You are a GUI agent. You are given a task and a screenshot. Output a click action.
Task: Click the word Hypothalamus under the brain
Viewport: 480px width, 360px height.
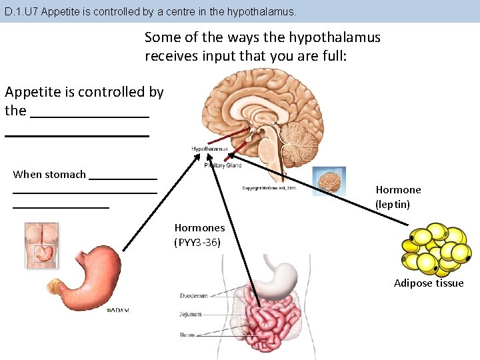pyautogui.click(x=209, y=149)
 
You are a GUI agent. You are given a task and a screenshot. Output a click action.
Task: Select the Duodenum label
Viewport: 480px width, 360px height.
pyautogui.click(x=194, y=295)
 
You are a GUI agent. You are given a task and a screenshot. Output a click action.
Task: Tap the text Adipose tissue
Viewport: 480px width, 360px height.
pyautogui.click(x=429, y=283)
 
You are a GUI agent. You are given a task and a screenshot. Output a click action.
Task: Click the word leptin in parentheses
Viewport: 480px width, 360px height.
pyautogui.click(x=393, y=204)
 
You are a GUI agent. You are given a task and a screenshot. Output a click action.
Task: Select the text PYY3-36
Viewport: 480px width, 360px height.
pyautogui.click(x=197, y=242)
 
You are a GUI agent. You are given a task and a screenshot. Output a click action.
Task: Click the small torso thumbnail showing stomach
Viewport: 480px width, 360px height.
pyautogui.click(x=41, y=245)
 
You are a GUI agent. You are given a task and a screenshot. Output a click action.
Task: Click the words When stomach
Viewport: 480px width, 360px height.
pyautogui.click(x=49, y=175)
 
